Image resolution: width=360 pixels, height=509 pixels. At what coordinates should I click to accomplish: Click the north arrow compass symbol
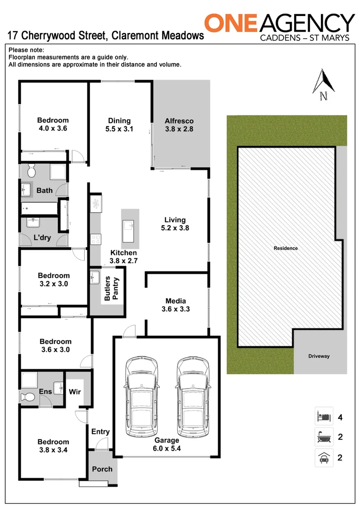coord(324,85)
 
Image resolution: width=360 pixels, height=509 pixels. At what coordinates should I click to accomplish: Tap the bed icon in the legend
coord(324,416)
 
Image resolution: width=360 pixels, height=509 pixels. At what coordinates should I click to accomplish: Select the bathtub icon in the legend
coord(324,437)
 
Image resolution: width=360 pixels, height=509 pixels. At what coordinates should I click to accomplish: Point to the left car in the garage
coord(141,397)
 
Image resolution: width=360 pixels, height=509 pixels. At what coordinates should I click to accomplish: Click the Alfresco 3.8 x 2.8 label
coord(179,124)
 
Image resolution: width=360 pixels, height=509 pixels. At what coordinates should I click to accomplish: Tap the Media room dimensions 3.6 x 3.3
coord(176,309)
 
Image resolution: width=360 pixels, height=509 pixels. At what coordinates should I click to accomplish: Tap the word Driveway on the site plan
coord(319,356)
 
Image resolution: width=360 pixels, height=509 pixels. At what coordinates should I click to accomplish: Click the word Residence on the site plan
coord(286,248)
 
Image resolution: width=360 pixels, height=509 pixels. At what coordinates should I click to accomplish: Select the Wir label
coord(75,391)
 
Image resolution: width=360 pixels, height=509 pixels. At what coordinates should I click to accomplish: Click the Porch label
coord(102,469)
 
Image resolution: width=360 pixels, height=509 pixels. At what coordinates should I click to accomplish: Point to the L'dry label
coord(42,238)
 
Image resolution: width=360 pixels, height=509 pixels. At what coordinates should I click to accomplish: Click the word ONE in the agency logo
coord(230,24)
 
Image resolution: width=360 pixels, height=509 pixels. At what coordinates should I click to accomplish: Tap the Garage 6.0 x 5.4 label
coord(167,444)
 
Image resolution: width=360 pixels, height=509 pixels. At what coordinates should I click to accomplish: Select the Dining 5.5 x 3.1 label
coord(119,124)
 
